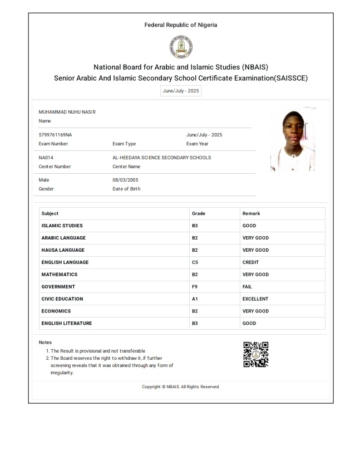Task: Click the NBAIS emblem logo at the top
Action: (x=180, y=47)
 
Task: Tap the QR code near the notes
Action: (x=256, y=355)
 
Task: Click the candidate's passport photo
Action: (x=292, y=139)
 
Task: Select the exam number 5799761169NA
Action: (x=55, y=135)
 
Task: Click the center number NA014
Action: (x=46, y=158)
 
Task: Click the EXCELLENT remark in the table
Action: (x=256, y=299)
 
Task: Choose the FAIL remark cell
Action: (x=247, y=287)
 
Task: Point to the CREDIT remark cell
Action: (x=250, y=262)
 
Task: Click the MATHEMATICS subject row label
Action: (x=60, y=275)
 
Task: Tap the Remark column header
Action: (x=251, y=213)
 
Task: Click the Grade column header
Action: (x=198, y=213)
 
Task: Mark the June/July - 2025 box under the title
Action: (x=180, y=91)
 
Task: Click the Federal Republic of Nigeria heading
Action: (x=180, y=25)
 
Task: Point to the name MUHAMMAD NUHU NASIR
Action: (x=67, y=112)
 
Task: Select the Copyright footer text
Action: (x=180, y=387)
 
